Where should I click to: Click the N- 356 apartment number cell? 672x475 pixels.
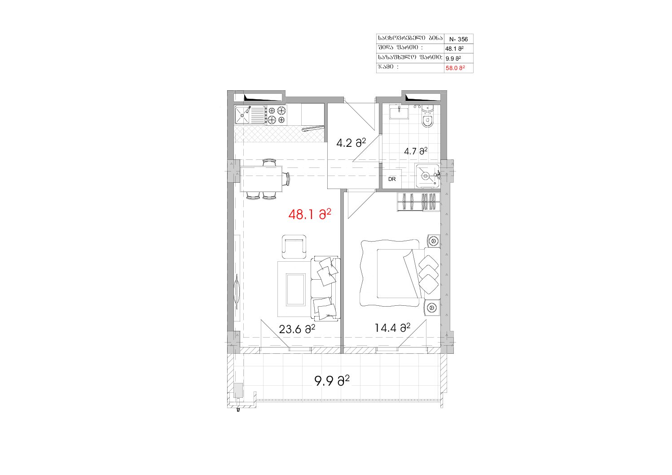[x=458, y=39]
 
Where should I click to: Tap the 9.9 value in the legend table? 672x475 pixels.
[x=453, y=58]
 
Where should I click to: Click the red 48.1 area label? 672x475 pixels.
[x=310, y=214]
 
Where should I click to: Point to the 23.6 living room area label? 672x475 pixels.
[x=297, y=329]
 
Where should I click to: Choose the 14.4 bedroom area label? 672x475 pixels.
[x=392, y=327]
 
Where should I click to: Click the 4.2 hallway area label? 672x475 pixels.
[x=351, y=143]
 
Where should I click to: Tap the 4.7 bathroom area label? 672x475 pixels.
[x=416, y=151]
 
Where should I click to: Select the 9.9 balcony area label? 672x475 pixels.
[x=332, y=381]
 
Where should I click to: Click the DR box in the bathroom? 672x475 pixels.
[x=392, y=179]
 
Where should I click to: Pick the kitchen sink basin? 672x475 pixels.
[x=242, y=115]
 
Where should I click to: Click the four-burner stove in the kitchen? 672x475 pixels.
[x=276, y=115]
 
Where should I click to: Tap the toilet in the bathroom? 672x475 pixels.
[x=427, y=118]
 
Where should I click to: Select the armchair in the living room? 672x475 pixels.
[x=294, y=246]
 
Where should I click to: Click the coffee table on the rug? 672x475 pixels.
[x=296, y=290]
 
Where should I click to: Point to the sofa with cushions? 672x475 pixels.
[x=325, y=289]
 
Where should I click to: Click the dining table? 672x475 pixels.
[x=261, y=179]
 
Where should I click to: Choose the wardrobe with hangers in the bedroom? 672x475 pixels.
[x=419, y=202]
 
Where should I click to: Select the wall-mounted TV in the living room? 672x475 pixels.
[x=237, y=290]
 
